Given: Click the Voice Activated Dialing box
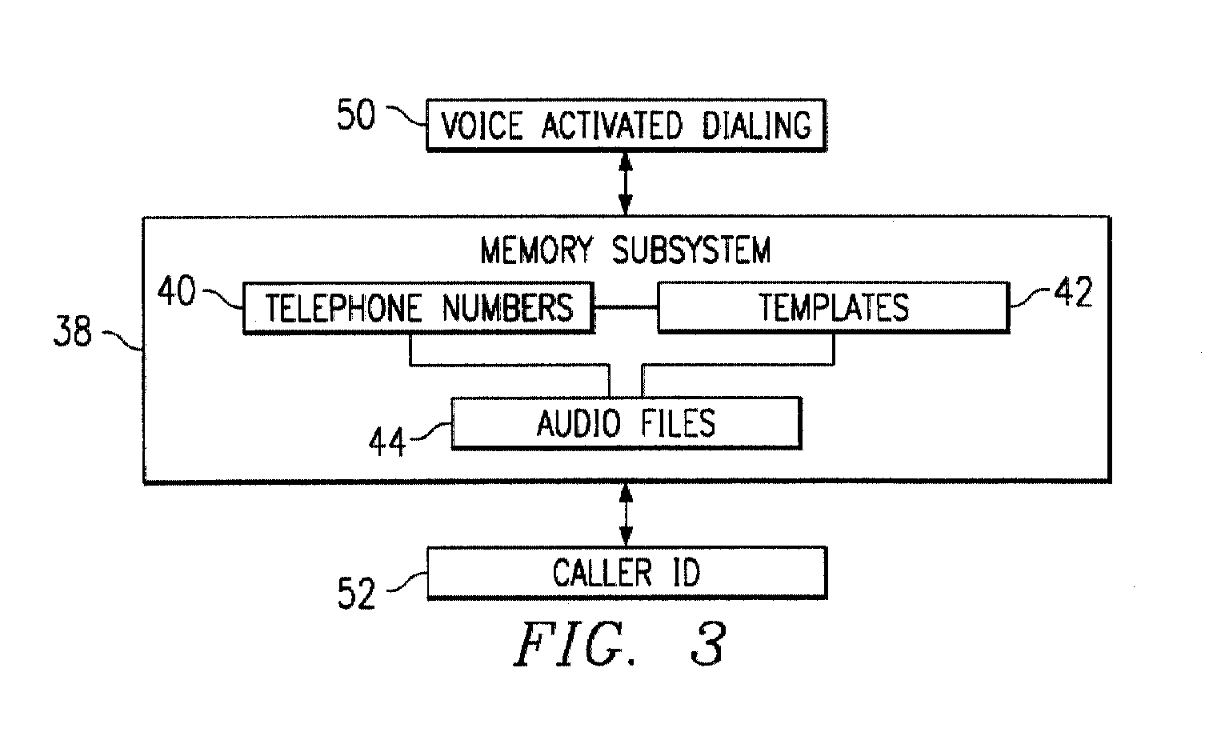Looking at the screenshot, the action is (x=626, y=125).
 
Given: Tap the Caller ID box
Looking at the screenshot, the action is (x=627, y=572).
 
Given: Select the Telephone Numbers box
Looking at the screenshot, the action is (x=418, y=307).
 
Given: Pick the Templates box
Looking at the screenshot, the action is (x=834, y=307).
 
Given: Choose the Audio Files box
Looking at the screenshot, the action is (x=626, y=423).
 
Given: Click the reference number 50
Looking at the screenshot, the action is (x=356, y=114).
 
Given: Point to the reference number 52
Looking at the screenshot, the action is (x=356, y=593).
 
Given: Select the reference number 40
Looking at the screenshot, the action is (x=177, y=291).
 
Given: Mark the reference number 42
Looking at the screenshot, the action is (x=1073, y=291).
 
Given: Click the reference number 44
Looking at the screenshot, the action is (x=387, y=442).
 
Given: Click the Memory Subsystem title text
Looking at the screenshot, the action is (x=626, y=250).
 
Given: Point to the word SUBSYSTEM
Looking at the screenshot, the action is (x=691, y=250).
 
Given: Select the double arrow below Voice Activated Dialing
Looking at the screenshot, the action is (x=626, y=184).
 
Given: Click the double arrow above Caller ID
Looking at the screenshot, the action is (x=626, y=515).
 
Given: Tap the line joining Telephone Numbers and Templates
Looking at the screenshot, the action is (x=626, y=306).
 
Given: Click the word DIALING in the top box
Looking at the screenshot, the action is (x=757, y=126).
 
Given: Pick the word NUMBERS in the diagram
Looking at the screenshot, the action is (x=507, y=308).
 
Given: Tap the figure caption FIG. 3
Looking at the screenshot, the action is (x=621, y=644).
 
